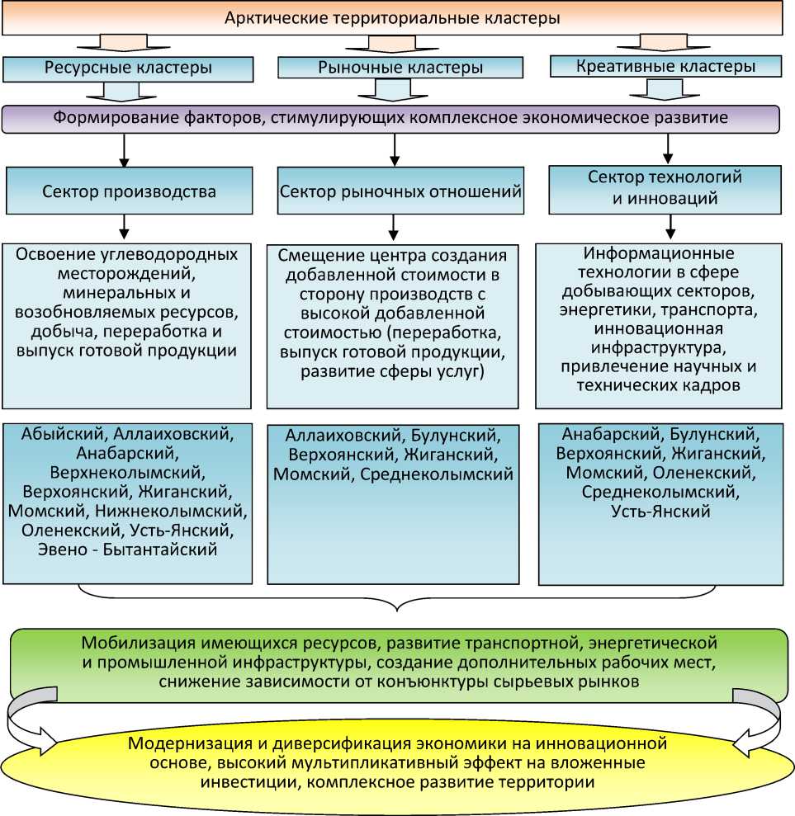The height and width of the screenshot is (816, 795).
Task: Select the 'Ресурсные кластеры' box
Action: (128, 68)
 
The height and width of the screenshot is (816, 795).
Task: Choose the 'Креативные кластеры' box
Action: (665, 66)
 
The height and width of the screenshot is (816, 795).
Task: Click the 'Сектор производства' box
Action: (129, 192)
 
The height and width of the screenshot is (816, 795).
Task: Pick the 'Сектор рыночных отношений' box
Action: (401, 192)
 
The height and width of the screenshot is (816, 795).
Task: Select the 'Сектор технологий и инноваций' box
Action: (665, 188)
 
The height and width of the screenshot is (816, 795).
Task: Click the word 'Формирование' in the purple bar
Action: (107, 118)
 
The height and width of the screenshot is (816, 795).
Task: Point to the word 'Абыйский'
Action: (64, 433)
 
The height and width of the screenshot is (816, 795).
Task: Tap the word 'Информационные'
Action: (658, 253)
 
